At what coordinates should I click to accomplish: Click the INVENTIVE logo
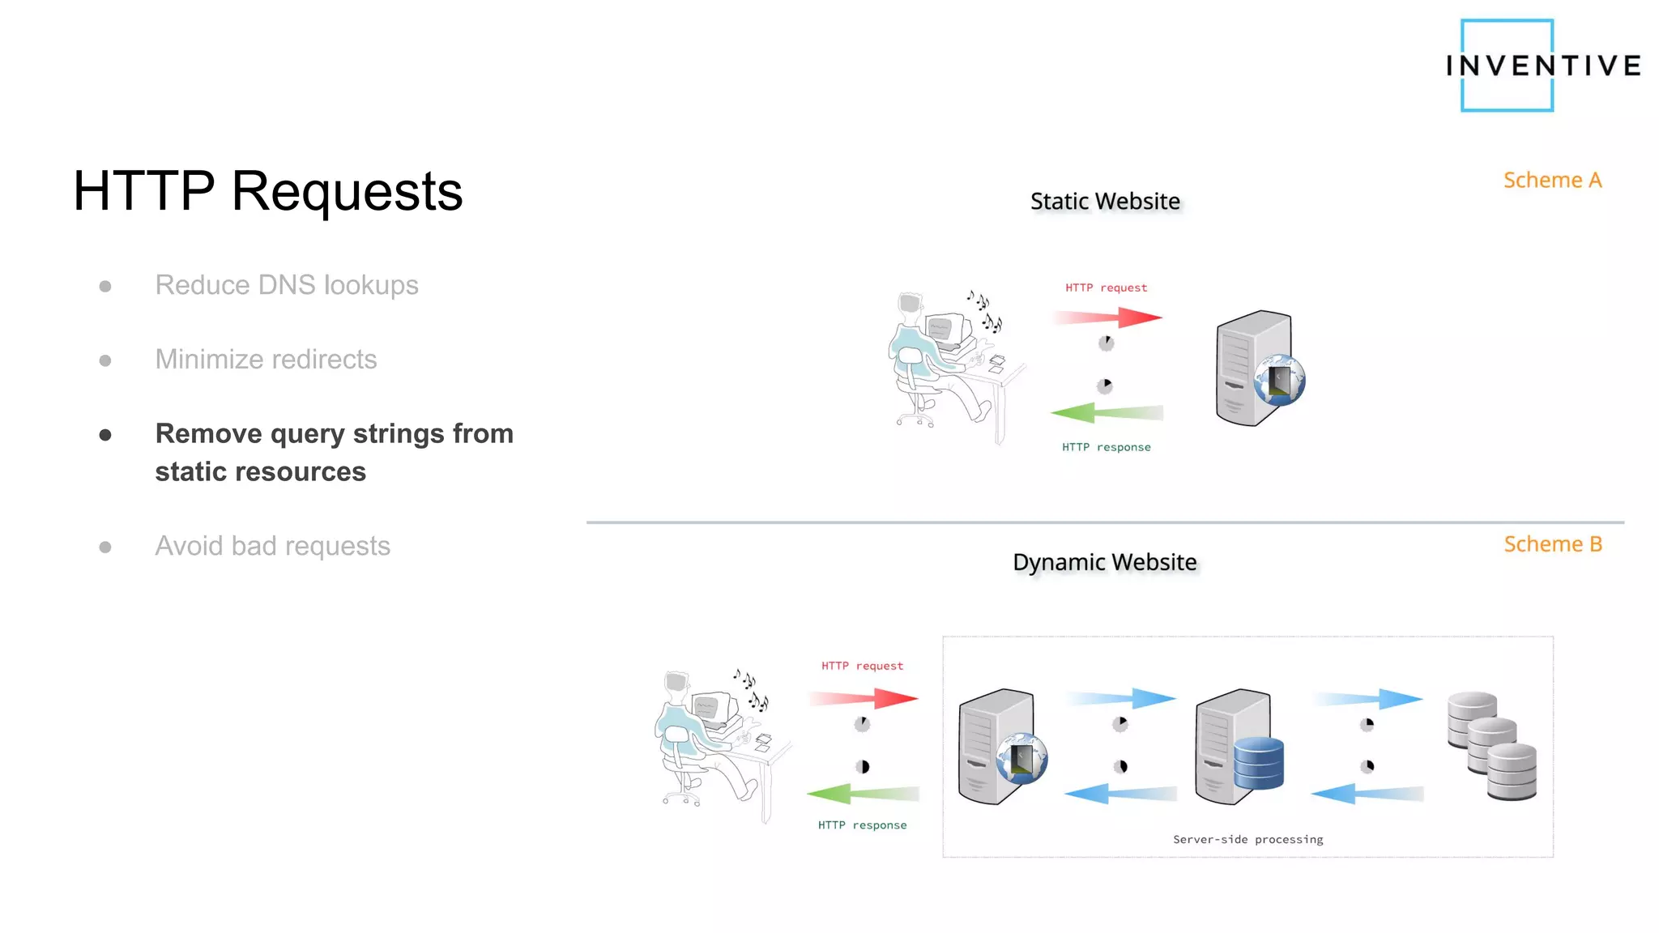pos(1542,65)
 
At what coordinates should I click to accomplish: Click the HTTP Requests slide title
pos(267,192)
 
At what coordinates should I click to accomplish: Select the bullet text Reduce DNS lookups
pos(287,285)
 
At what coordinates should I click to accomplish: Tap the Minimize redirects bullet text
pos(266,360)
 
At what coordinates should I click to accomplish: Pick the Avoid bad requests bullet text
pos(272,546)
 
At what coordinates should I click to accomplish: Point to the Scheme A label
pos(1552,180)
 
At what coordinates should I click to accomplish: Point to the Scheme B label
pos(1552,544)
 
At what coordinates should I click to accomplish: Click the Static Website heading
pos(1105,201)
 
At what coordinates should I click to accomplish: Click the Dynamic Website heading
pos(1104,562)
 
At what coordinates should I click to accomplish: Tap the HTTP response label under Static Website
pos(1106,447)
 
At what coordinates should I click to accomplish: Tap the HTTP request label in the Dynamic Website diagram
pos(862,666)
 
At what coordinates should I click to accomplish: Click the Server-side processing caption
pos(1247,839)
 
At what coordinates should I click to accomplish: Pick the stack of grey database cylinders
pos(1492,745)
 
